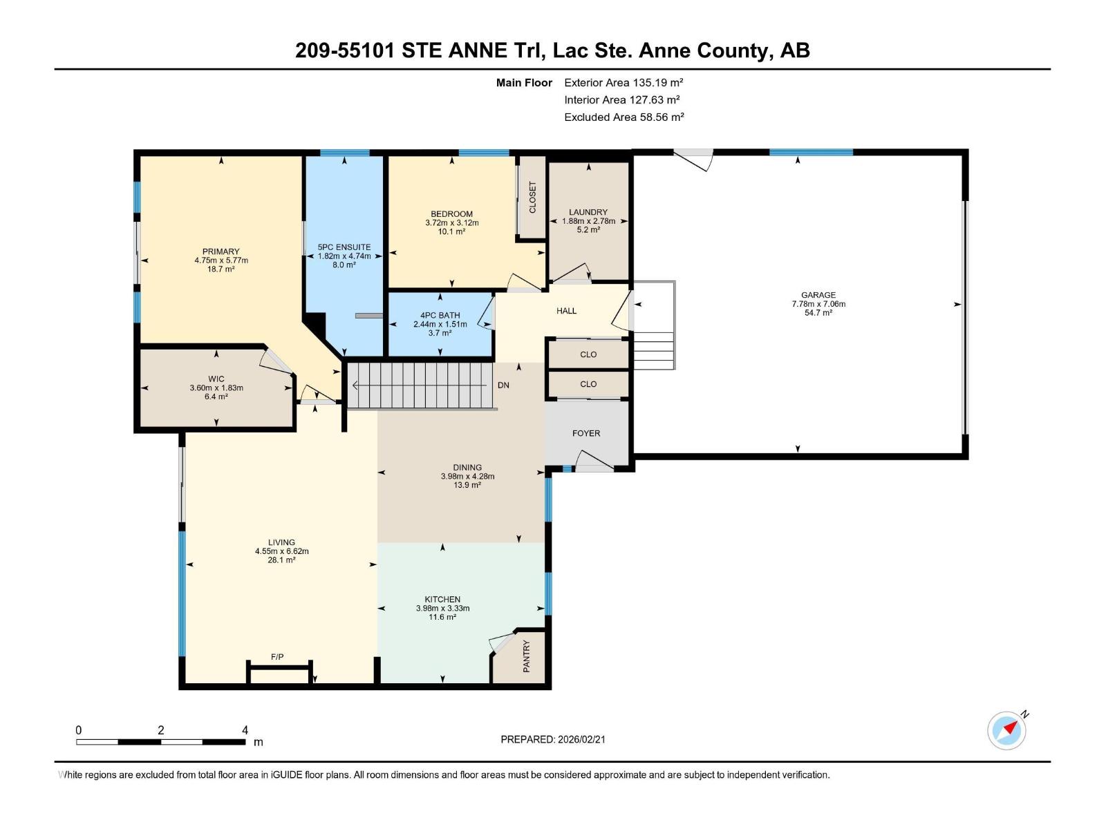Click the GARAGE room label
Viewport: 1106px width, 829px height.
point(818,295)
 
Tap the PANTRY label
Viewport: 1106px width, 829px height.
point(527,656)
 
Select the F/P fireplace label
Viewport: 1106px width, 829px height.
point(277,657)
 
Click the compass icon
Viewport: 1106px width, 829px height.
point(1007,730)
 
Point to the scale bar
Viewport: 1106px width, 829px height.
point(161,742)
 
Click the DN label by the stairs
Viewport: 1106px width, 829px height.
point(503,385)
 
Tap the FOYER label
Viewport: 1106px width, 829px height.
point(586,433)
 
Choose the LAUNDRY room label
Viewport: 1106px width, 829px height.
point(588,212)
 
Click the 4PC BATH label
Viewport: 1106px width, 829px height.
point(440,316)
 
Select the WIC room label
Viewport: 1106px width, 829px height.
point(216,379)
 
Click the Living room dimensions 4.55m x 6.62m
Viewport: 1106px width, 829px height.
point(281,551)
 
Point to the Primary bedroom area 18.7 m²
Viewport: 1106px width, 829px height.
point(221,269)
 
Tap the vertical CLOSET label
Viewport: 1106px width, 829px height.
point(532,198)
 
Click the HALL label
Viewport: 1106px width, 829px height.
point(566,311)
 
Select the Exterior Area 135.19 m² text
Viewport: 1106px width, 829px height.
point(624,82)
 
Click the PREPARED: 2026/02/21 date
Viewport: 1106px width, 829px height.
point(553,739)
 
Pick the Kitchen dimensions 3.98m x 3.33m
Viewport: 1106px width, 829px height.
point(442,608)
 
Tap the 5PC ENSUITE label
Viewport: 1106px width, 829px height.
point(344,247)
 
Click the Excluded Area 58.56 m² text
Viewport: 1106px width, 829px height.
point(624,117)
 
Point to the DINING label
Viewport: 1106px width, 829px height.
point(467,468)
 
